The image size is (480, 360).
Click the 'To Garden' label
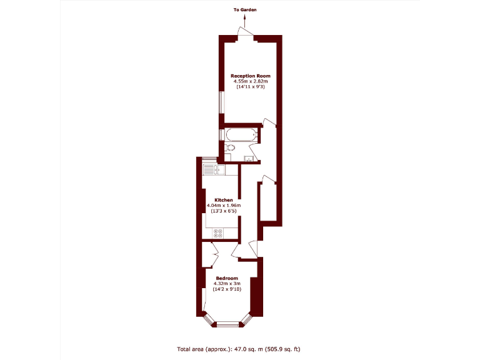click(x=245, y=10)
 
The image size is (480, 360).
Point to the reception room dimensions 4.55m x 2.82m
click(x=251, y=81)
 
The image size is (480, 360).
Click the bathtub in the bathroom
click(x=240, y=134)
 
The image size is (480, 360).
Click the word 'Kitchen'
click(x=223, y=200)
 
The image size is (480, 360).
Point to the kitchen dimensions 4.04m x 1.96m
click(x=223, y=206)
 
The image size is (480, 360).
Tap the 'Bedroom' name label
click(x=227, y=278)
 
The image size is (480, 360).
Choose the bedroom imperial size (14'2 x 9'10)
click(x=227, y=289)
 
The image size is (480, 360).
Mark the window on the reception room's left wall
click(x=220, y=102)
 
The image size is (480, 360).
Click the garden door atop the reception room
click(x=246, y=36)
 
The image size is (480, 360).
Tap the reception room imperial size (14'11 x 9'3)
click(x=251, y=87)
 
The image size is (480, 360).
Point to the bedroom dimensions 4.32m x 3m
click(x=227, y=284)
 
